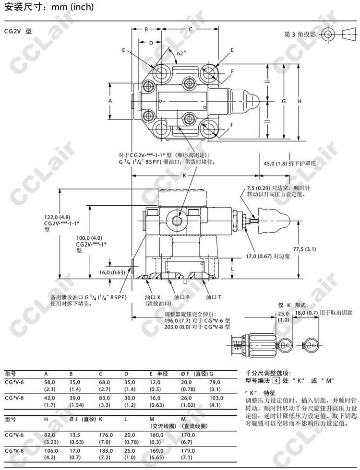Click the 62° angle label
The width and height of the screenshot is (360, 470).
click(180, 53)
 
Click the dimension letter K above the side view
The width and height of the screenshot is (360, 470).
click(184, 176)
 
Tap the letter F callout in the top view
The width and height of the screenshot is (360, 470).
click(232, 71)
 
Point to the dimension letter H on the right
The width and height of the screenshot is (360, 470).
click(299, 101)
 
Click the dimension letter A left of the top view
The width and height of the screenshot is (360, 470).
click(110, 101)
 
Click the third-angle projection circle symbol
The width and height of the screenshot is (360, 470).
click(328, 35)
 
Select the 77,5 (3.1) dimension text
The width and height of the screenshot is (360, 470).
click(304, 249)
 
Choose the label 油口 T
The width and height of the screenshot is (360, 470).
click(214, 297)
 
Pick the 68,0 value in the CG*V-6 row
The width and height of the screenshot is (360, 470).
click(104, 382)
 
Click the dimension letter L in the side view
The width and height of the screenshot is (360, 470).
click(232, 270)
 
